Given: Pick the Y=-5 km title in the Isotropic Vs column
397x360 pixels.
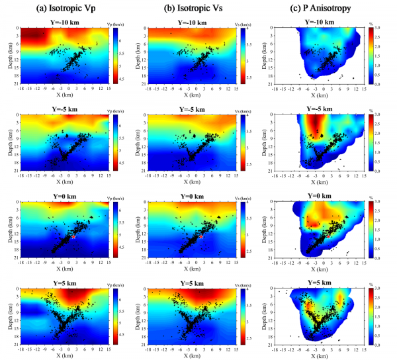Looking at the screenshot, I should coord(187,111).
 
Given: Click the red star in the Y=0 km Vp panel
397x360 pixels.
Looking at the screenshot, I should coord(75,236).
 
